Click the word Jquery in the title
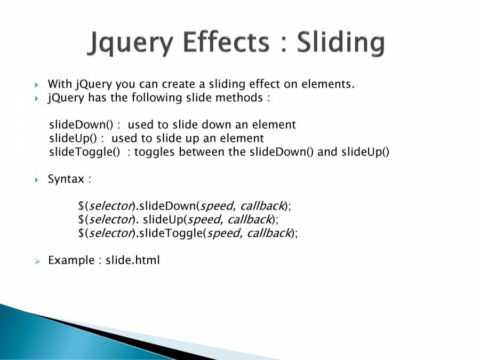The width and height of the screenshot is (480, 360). pyautogui.click(x=131, y=43)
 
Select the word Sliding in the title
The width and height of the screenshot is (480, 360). pyautogui.click(x=341, y=43)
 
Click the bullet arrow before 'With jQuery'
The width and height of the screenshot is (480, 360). pyautogui.click(x=36, y=85)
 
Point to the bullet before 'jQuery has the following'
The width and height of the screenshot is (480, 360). pyautogui.click(x=36, y=99)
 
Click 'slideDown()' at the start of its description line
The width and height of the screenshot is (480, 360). pyautogui.click(x=81, y=125)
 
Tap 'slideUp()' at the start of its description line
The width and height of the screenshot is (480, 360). pyautogui.click(x=73, y=138)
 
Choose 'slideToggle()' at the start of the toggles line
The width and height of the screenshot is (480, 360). pyautogui.click(x=84, y=152)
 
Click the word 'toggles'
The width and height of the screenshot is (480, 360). pyautogui.click(x=154, y=152)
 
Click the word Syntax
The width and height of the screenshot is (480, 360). pyautogui.click(x=66, y=179)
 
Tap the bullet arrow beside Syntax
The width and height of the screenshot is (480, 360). pyautogui.click(x=36, y=180)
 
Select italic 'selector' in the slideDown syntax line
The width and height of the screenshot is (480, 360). pyautogui.click(x=110, y=206)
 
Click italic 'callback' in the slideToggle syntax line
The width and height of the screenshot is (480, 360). pyautogui.click(x=268, y=233)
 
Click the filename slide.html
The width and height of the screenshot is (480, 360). pyautogui.click(x=133, y=260)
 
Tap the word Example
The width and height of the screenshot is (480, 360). pyautogui.click(x=71, y=260)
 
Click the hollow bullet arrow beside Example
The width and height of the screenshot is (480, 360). pyautogui.click(x=37, y=261)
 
